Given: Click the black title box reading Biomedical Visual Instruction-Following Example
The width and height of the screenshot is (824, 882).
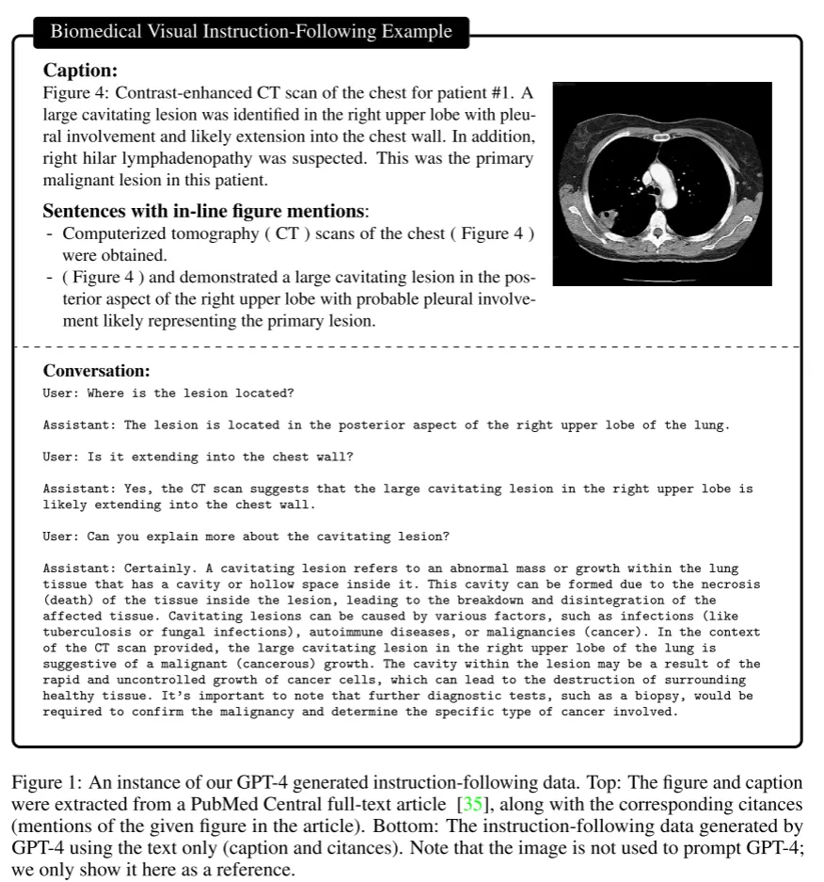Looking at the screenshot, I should click(250, 32).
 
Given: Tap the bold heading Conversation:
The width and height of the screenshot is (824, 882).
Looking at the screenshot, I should click(97, 371).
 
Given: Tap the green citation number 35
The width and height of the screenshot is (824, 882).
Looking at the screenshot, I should click(468, 806).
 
